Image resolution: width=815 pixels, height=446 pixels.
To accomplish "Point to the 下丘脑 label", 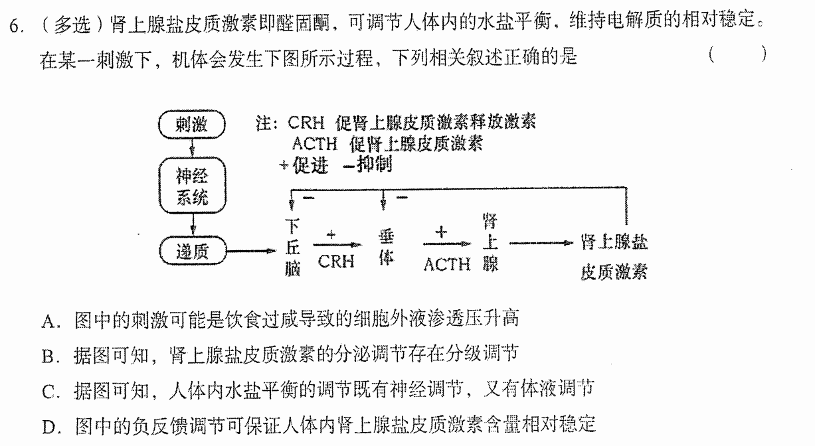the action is (x=292, y=247).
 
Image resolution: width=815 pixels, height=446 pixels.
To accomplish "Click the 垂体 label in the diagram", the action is (x=386, y=248).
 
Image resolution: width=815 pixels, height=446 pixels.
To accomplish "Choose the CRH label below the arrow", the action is (x=336, y=261).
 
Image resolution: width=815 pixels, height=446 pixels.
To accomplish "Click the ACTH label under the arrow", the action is (x=447, y=264).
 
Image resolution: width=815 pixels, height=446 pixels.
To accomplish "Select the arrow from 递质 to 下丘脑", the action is (x=251, y=251).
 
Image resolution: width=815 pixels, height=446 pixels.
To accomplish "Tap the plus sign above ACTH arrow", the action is (x=441, y=232).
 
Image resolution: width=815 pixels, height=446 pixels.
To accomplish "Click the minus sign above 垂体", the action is (x=402, y=197).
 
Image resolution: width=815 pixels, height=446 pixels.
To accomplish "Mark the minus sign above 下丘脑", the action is (x=309, y=197).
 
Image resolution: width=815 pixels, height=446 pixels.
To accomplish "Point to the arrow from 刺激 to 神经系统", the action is (x=193, y=148).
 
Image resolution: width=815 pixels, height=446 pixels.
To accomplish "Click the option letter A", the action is (x=48, y=322).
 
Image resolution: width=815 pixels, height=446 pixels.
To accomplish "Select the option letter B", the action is (x=48, y=356).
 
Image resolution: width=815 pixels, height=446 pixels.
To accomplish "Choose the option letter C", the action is (x=48, y=392).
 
